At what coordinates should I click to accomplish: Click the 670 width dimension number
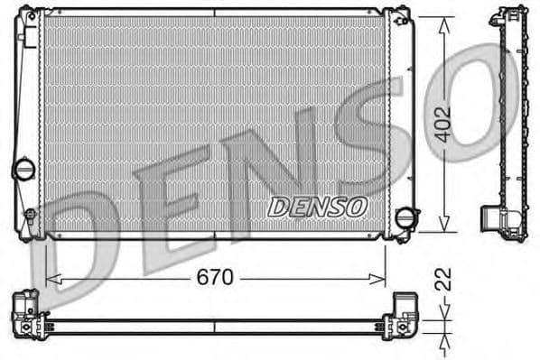point(215,277)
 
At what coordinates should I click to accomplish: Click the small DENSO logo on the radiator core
point(318,206)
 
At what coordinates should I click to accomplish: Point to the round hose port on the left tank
point(23,168)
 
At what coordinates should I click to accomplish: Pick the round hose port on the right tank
point(407,218)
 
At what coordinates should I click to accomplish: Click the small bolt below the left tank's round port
point(30,216)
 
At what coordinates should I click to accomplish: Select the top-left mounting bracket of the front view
point(31,15)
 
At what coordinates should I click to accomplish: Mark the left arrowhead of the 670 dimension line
point(50,278)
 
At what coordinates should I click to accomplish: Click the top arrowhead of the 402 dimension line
point(442,23)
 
